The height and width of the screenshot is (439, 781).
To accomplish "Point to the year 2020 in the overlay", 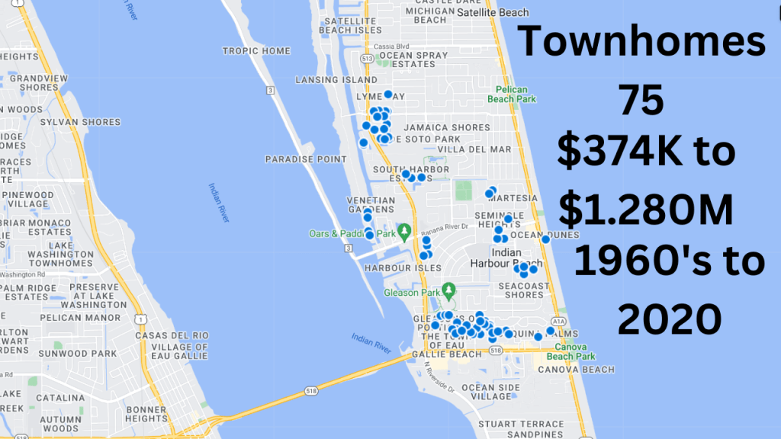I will pos(669,318).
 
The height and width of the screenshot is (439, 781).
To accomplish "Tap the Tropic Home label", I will pos(256,51).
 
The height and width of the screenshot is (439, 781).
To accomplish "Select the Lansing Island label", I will pos(336,79).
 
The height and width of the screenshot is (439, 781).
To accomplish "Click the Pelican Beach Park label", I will pos(516,94).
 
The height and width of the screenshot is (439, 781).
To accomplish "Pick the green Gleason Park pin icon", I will pos(449,290).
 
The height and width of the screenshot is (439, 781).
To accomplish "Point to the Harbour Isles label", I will pos(403,268).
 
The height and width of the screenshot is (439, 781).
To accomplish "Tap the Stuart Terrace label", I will pos(521,424).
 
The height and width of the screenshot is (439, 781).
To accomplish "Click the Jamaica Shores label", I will pos(447,127).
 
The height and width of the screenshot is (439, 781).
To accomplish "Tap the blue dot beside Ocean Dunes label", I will pos(545,240).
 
